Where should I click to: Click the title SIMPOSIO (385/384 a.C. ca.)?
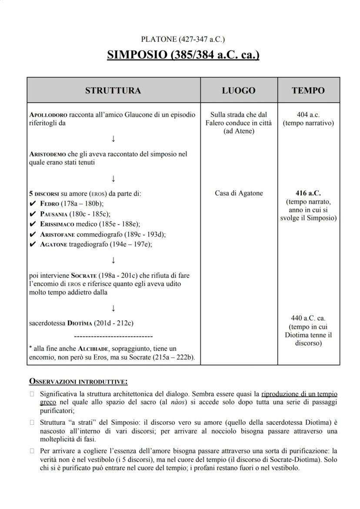183,56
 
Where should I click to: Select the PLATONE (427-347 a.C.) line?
183,40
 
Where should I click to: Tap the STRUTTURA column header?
113,90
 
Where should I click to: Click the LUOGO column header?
239,90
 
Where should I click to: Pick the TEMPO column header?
308,90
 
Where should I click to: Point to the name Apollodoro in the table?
48,115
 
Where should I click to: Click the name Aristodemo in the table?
47,154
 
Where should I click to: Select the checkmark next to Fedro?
32,204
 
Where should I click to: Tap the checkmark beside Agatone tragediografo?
32,244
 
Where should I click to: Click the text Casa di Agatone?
239,193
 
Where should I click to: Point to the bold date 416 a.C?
308,193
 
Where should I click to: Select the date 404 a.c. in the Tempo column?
308,115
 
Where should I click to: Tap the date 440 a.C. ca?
308,318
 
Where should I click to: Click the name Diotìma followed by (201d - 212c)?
80,323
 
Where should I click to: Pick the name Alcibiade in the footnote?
94,349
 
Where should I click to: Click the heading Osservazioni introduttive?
78,382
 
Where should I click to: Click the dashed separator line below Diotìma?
113,336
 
